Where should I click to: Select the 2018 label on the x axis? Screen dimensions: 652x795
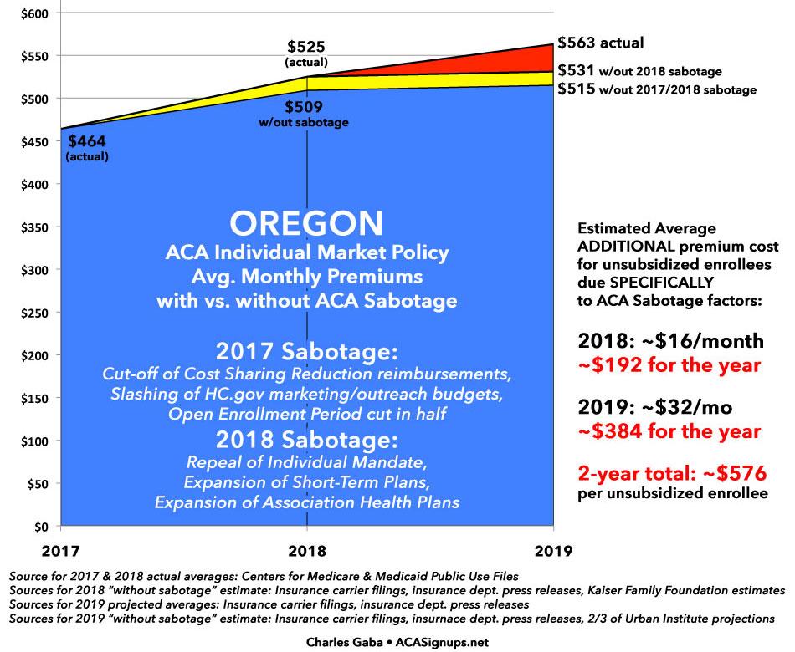pyautogui.click(x=306, y=550)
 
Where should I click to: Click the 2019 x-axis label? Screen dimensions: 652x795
pyautogui.click(x=553, y=550)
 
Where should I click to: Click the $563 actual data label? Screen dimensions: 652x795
pyautogui.click(x=600, y=43)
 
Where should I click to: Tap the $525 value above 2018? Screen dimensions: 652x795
pyautogui.click(x=306, y=47)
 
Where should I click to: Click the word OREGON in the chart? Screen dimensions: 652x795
pyautogui.click(x=306, y=224)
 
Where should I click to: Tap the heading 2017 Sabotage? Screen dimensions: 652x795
pyautogui.click(x=306, y=350)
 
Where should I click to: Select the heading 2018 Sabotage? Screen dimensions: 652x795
pyautogui.click(x=306, y=441)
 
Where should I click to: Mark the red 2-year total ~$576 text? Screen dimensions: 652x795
pyautogui.click(x=672, y=474)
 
